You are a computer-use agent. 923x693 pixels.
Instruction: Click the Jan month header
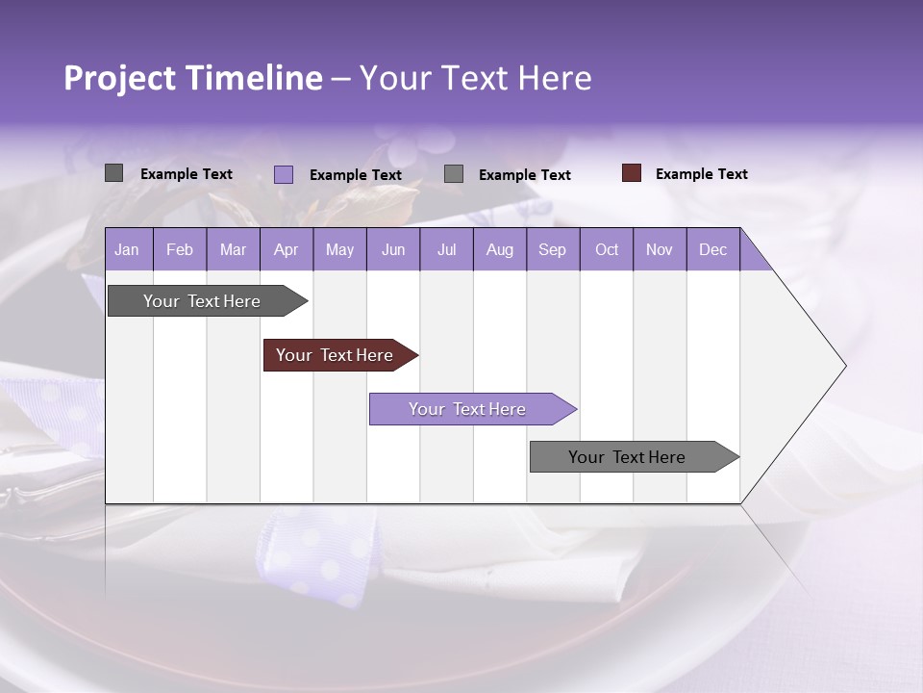(x=128, y=249)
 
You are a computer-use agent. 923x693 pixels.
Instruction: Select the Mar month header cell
(x=233, y=249)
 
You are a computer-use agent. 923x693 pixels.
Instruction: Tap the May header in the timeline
(x=339, y=249)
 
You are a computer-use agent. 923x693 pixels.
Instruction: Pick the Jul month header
(x=446, y=249)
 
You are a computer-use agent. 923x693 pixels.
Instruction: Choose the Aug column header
(x=499, y=249)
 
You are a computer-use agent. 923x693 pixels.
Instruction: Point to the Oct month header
(x=606, y=249)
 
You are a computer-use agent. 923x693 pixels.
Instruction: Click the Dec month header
(x=712, y=249)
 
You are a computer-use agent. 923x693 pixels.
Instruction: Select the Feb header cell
(x=180, y=249)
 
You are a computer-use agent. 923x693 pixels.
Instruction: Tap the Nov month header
(x=659, y=249)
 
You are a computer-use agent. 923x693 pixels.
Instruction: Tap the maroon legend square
(x=632, y=173)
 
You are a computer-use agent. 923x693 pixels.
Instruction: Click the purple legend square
(x=284, y=174)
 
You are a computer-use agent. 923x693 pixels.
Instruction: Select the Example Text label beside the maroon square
(x=701, y=174)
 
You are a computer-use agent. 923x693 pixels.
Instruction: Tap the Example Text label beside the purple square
(x=355, y=175)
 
